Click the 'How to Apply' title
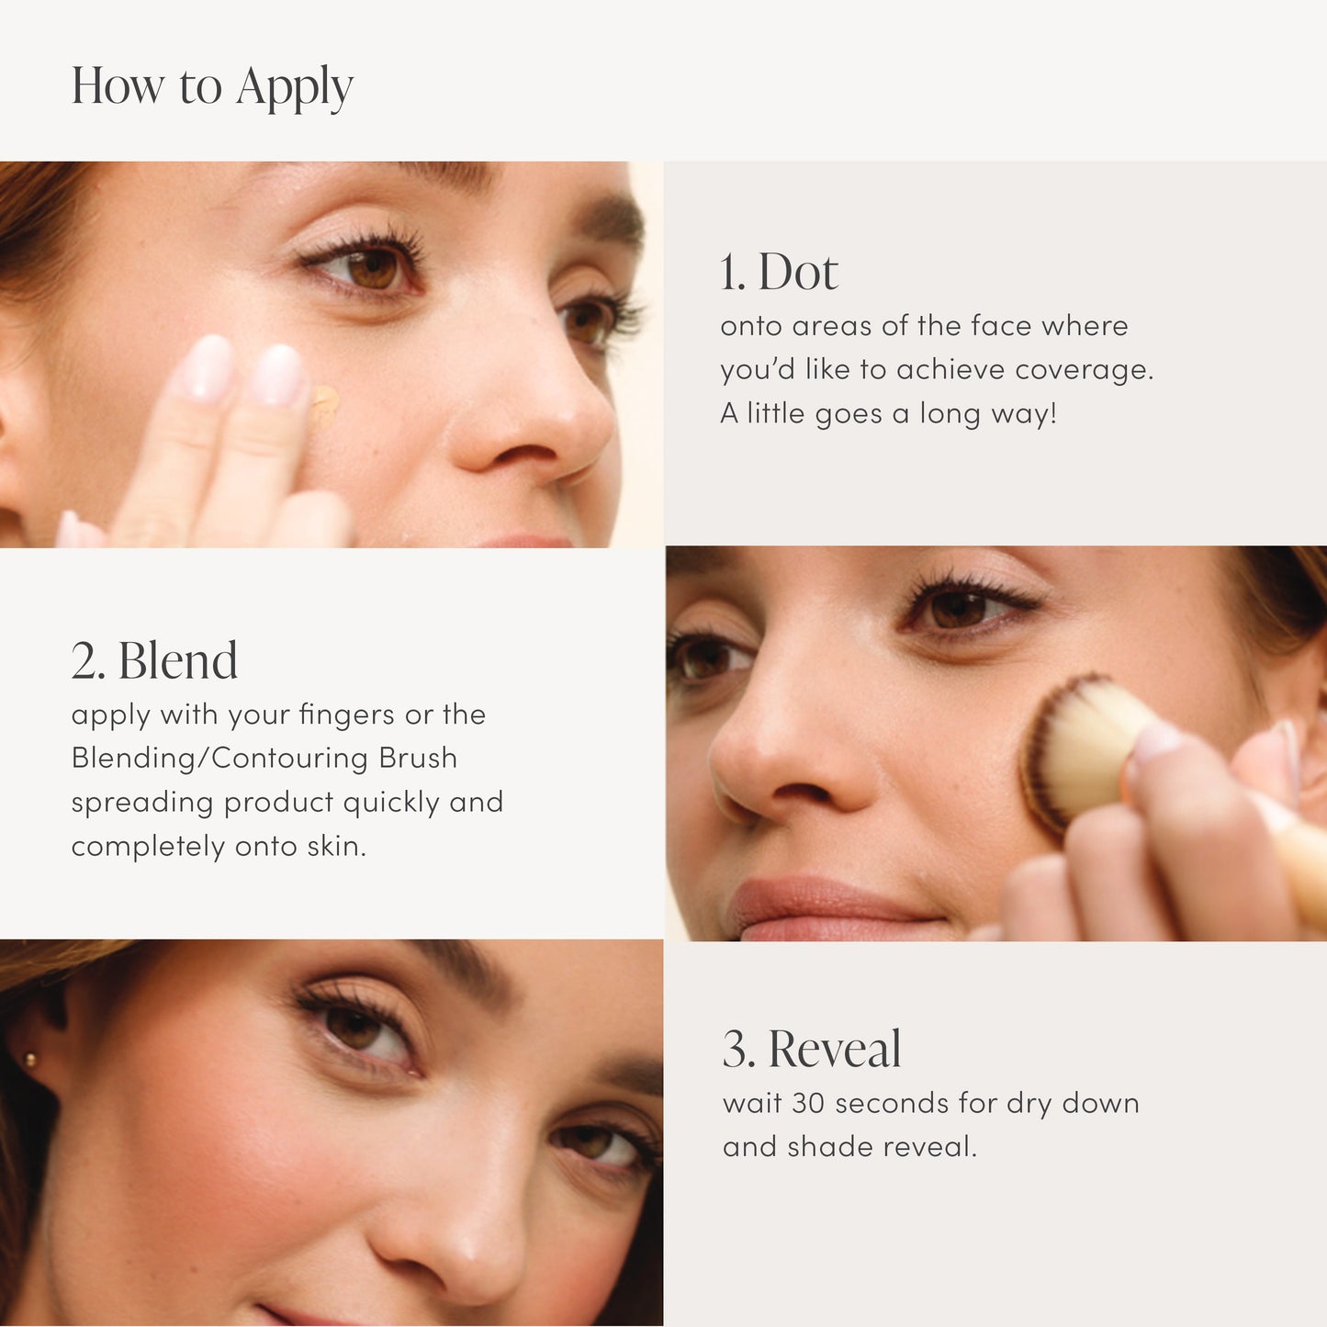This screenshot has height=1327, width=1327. tap(212, 87)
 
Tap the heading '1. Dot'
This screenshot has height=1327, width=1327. tap(779, 272)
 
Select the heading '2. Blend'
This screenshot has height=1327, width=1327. tap(154, 661)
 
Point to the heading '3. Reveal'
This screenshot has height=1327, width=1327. tap(812, 1049)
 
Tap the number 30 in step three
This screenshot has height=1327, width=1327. tap(808, 1103)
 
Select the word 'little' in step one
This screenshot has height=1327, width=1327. tap(776, 413)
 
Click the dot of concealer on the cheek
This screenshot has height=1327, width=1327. tap(323, 402)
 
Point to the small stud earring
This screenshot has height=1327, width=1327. tap(30, 1061)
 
